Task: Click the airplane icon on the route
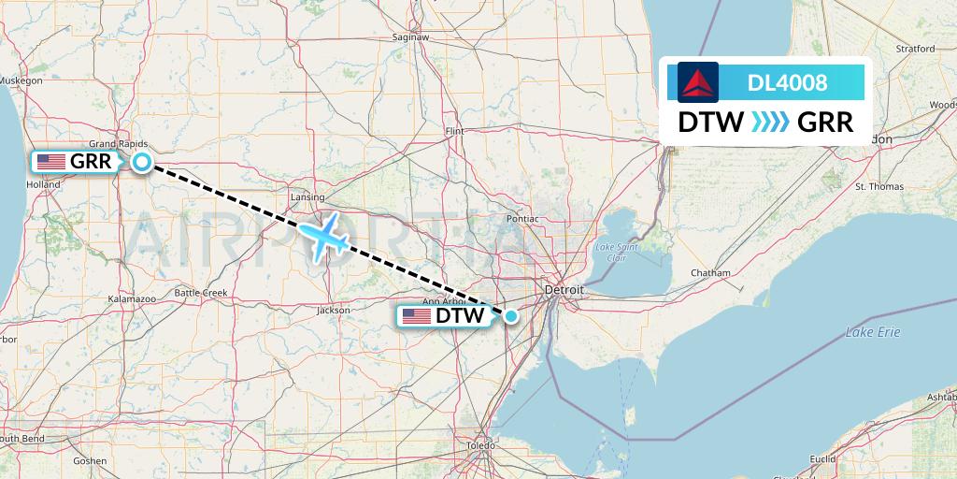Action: (325, 238)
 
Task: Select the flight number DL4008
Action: (787, 82)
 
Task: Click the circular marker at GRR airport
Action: (141, 162)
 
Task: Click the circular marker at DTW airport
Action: (511, 316)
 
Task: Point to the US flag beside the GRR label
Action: (50, 162)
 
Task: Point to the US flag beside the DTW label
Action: (416, 316)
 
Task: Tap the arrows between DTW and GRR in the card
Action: (771, 122)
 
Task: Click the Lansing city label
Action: (307, 197)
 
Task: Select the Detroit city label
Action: (564, 290)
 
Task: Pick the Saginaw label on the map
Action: (411, 37)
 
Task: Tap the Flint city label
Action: (455, 131)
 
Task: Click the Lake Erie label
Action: (873, 332)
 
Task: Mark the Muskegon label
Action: (21, 81)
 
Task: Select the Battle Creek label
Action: (201, 293)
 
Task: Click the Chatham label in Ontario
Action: (710, 272)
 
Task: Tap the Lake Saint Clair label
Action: (617, 252)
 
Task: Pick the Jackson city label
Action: (334, 310)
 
